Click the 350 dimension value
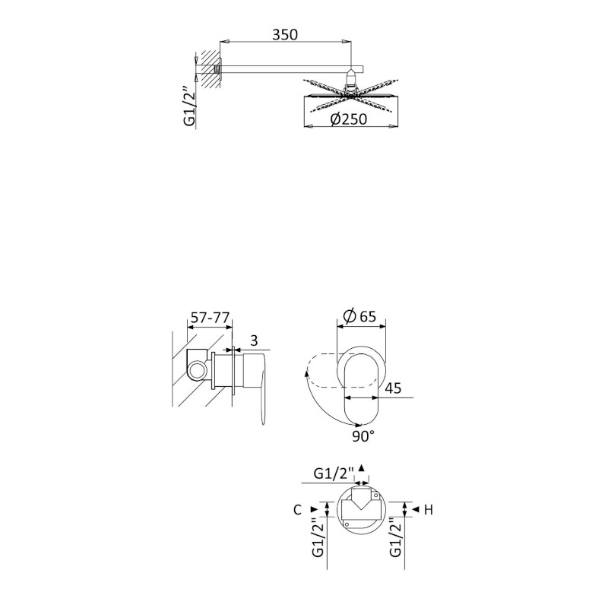(284, 34)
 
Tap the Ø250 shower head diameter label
(349, 119)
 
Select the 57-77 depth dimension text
(211, 318)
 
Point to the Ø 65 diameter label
(359, 316)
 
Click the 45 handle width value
(393, 388)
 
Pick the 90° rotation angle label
(363, 436)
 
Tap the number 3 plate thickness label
(254, 340)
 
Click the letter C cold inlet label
(297, 509)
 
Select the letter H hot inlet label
(428, 509)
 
